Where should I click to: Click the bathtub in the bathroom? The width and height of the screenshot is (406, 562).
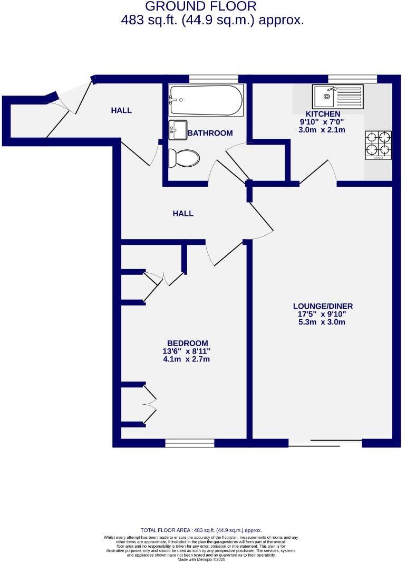coord(206,100)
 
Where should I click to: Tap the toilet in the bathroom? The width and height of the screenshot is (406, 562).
coord(183,158)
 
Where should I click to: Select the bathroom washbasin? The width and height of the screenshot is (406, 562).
coord(178,130)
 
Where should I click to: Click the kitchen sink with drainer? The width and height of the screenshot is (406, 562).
coord(337,96)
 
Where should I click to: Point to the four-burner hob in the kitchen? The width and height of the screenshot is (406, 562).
coord(378,145)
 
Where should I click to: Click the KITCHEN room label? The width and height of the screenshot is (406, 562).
coord(323,114)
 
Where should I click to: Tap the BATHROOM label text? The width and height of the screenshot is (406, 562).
coord(210,133)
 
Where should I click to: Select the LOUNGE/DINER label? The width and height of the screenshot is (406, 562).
coord(323,306)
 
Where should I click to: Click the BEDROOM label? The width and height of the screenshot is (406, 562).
coord(187,343)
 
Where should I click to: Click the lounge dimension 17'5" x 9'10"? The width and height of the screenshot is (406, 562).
coord(323,314)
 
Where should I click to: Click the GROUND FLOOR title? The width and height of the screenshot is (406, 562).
coord(200,7)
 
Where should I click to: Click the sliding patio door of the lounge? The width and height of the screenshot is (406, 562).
coord(325,443)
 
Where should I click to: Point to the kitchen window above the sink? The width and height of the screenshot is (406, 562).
coord(352,79)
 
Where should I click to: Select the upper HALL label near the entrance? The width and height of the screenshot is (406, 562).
coord(121,110)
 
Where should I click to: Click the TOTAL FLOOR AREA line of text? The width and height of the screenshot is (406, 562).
coord(201,530)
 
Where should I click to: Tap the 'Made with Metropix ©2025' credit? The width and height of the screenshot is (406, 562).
coord(201,559)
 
